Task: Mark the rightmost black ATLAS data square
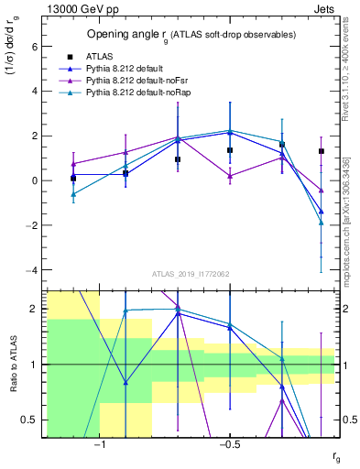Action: pos(321,151)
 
